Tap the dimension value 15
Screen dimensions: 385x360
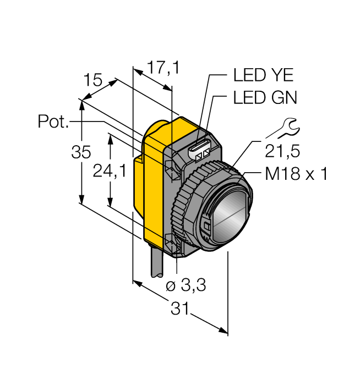tap(93, 80)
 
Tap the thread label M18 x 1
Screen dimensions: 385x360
tap(296, 175)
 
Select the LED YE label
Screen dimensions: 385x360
tap(264, 75)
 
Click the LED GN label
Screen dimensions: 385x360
tap(265, 98)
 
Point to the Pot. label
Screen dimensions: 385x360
tap(53, 121)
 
